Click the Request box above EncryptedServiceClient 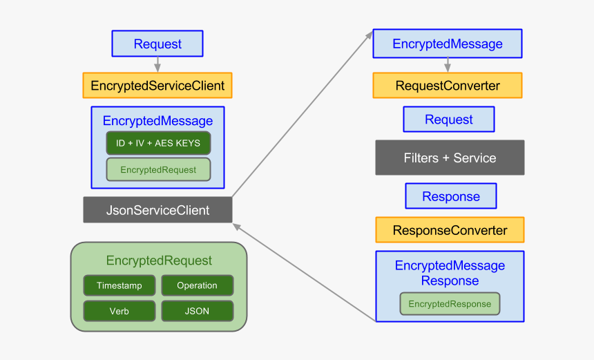pyautogui.click(x=157, y=44)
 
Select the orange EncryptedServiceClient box pyautogui.click(x=157, y=86)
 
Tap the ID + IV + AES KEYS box pyautogui.click(x=158, y=143)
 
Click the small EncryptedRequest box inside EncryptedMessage pyautogui.click(x=158, y=169)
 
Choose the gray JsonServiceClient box pyautogui.click(x=157, y=210)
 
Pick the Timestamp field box pyautogui.click(x=119, y=285)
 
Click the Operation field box pyautogui.click(x=197, y=285)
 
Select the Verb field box pyautogui.click(x=119, y=311)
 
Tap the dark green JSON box pyautogui.click(x=197, y=311)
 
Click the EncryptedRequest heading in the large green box pyautogui.click(x=159, y=260)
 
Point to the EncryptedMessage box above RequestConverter pyautogui.click(x=447, y=44)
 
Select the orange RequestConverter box pyautogui.click(x=447, y=86)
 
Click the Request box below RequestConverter pyautogui.click(x=448, y=120)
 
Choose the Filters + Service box pyautogui.click(x=450, y=158)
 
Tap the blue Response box pyautogui.click(x=450, y=196)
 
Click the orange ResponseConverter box pyautogui.click(x=450, y=230)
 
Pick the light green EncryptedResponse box pyautogui.click(x=450, y=304)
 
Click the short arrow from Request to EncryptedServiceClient pyautogui.click(x=157, y=64)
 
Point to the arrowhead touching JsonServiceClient pyautogui.click(x=237, y=225)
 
